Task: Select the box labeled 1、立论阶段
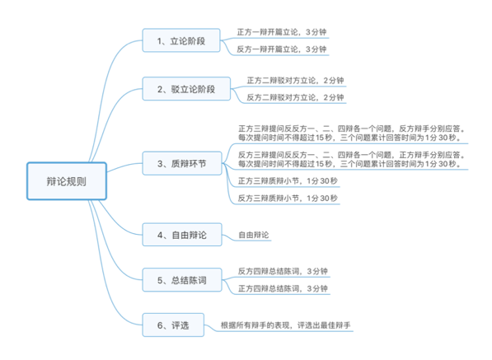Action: tap(180, 40)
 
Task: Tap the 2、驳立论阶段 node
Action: tap(185, 88)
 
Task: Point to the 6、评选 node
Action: tap(169, 325)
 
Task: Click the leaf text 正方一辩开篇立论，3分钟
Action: tap(281, 31)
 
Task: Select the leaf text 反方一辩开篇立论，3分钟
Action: tap(281, 49)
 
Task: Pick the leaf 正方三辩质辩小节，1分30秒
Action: tap(285, 180)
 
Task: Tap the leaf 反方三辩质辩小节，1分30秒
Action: tap(285, 199)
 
